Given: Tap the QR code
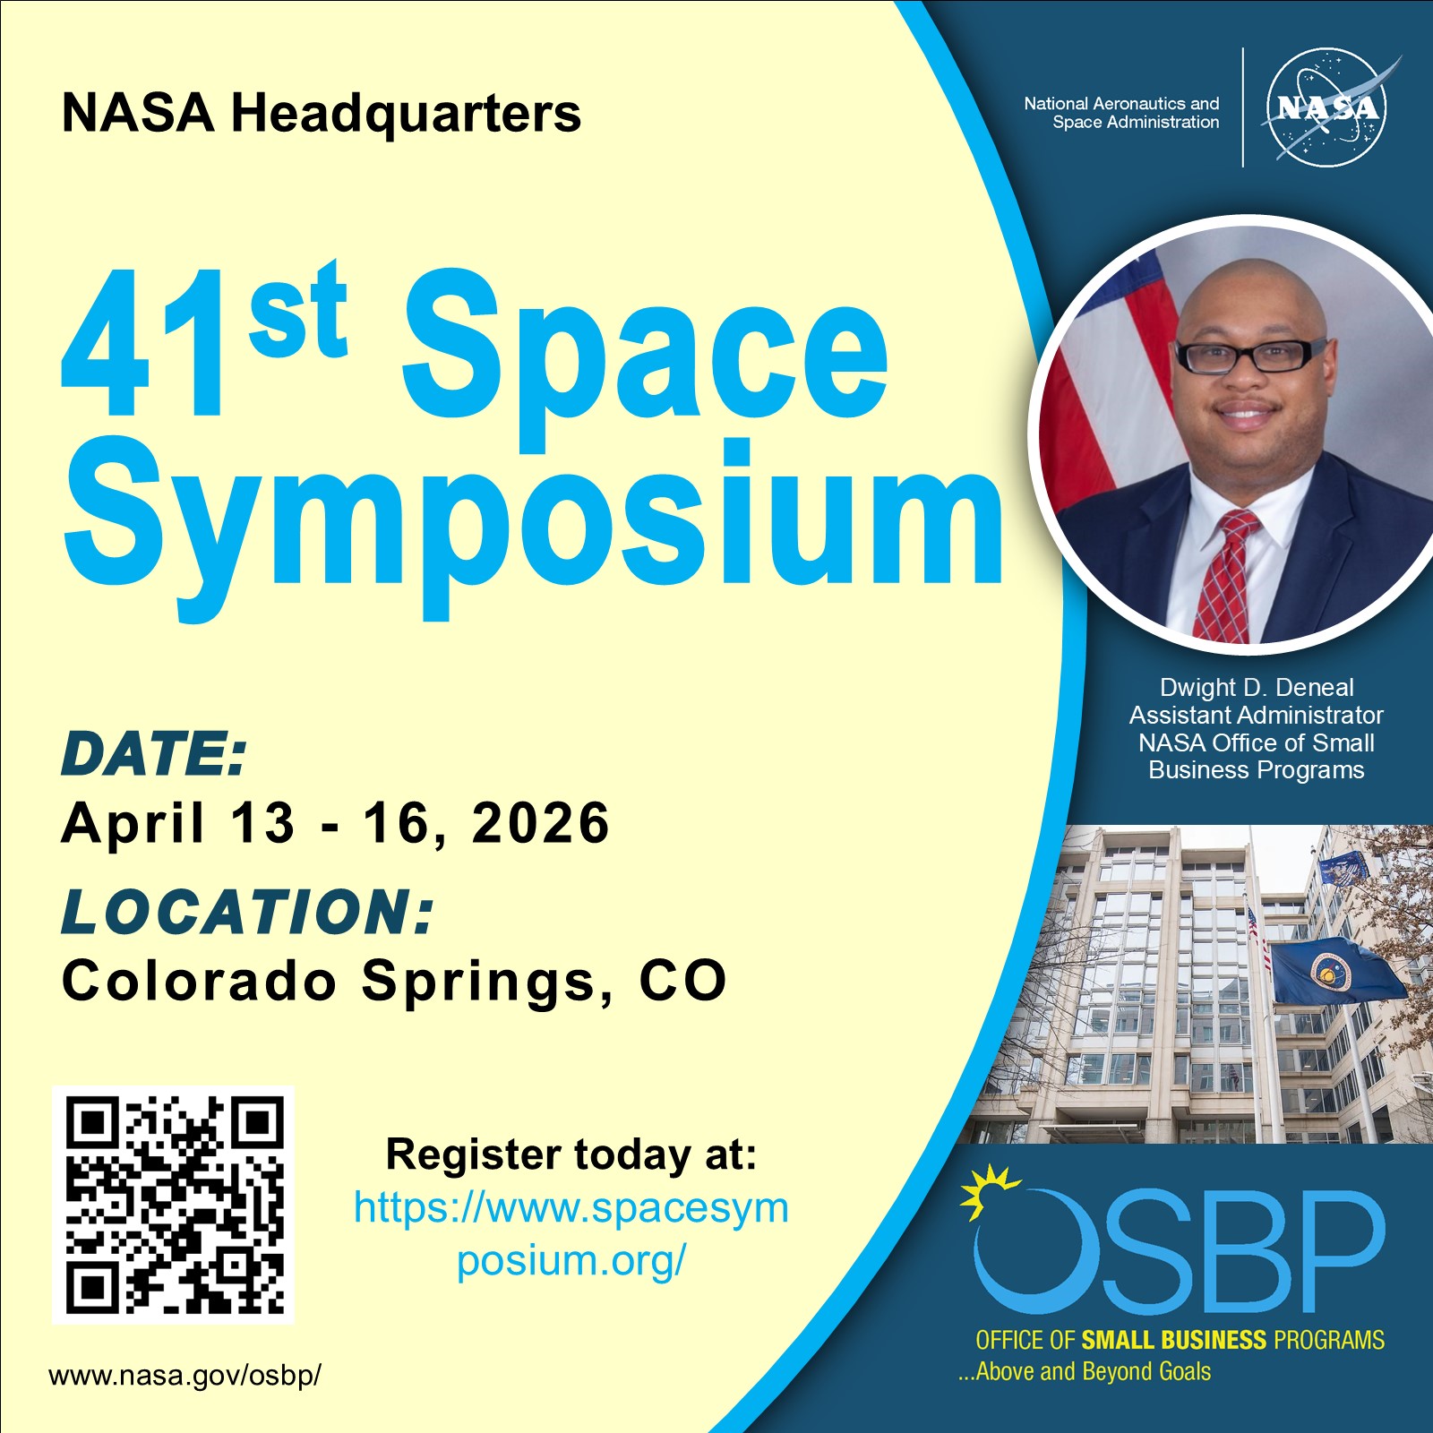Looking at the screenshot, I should [x=174, y=1205].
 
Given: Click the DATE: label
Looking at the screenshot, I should [x=153, y=753].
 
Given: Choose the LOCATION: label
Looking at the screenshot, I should [x=247, y=912].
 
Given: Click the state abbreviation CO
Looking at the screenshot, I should [x=682, y=982].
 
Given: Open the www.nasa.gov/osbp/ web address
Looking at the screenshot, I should [x=184, y=1375].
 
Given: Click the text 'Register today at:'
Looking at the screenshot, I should [x=571, y=1154].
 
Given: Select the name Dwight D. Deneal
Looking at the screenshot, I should [x=1256, y=688].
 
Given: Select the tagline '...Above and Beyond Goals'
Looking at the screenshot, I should [x=1084, y=1371].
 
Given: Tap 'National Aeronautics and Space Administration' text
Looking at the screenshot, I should [x=1121, y=113].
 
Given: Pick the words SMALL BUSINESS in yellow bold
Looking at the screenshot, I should [x=1173, y=1340].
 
